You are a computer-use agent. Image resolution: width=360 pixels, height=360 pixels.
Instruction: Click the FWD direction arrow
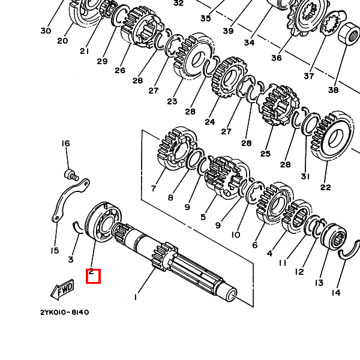[x=62, y=290]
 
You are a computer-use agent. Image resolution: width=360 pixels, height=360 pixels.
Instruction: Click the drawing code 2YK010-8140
[x=65, y=312]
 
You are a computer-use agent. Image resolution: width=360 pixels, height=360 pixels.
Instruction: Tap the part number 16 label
[x=65, y=143]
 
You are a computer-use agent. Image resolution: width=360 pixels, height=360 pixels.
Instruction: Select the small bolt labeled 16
[x=71, y=175]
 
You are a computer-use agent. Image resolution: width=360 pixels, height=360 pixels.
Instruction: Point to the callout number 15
[x=55, y=250]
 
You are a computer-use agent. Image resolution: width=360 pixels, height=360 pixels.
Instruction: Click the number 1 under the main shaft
[x=136, y=296]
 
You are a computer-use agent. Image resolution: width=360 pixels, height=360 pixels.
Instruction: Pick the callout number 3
[x=71, y=259]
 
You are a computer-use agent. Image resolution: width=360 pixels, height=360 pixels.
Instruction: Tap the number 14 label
[x=335, y=293]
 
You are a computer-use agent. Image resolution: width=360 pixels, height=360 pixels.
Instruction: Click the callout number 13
[x=319, y=283]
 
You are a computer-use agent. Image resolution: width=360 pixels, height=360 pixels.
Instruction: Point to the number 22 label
[x=325, y=187]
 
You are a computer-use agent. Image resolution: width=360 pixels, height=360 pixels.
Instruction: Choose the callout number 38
[x=333, y=90]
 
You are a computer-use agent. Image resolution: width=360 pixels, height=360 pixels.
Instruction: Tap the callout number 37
[x=308, y=76]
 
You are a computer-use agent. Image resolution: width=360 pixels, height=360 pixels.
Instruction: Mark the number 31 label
[x=305, y=176]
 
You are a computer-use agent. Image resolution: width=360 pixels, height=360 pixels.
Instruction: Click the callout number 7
[x=154, y=188]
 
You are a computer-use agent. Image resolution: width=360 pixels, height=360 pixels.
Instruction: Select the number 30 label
[x=46, y=31]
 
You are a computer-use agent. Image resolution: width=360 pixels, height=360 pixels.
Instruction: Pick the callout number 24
[x=209, y=122]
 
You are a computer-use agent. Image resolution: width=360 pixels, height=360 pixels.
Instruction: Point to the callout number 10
[x=236, y=235]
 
